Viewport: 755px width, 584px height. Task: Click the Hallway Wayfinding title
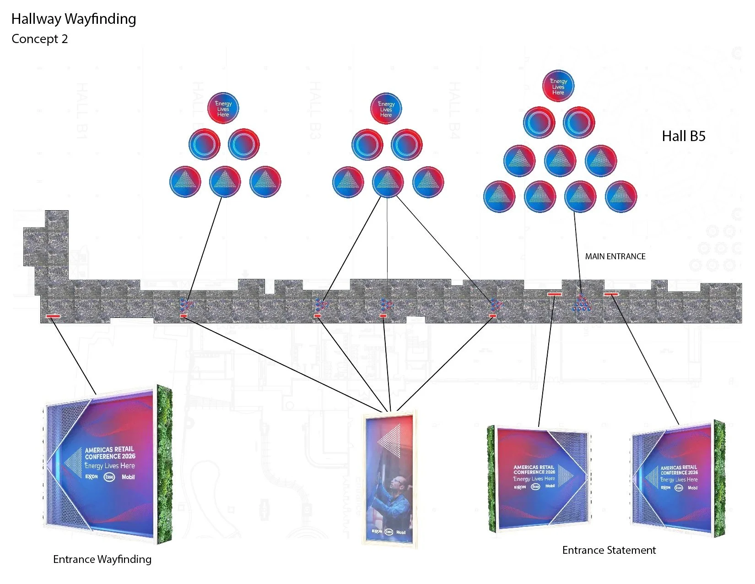point(74,19)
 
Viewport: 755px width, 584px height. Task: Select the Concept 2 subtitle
point(40,39)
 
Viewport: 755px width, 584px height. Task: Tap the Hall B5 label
point(684,136)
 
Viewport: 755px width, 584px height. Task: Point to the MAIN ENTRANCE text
point(615,257)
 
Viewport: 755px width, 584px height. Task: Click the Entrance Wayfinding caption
point(102,559)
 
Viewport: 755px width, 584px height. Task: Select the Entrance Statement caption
point(609,550)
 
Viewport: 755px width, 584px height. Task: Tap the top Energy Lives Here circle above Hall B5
point(558,86)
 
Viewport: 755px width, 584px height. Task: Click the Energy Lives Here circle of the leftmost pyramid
point(223,109)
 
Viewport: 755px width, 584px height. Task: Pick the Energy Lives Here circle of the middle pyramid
point(386,109)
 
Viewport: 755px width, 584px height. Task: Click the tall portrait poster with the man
point(389,479)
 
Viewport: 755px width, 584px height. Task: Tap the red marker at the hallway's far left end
point(53,316)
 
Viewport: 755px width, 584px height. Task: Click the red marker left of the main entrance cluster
point(555,294)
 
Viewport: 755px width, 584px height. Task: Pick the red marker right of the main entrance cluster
point(611,294)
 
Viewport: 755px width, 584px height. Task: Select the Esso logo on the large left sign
point(109,477)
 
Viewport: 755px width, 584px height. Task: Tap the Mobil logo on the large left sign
point(128,477)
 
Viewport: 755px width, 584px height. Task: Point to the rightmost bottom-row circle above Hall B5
point(621,197)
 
